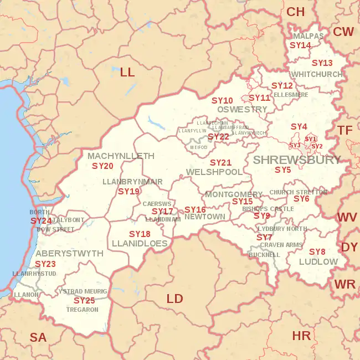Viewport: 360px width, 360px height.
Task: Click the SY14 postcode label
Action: pyautogui.click(x=301, y=45)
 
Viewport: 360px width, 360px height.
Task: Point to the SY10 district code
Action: pyautogui.click(x=222, y=100)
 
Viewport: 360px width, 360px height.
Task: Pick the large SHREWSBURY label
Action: pyautogui.click(x=297, y=160)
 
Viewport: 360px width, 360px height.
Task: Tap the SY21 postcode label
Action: pyautogui.click(x=220, y=162)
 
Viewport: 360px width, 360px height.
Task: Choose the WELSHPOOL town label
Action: pyautogui.click(x=214, y=172)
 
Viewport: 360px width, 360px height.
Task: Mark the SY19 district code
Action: pyautogui.click(x=128, y=191)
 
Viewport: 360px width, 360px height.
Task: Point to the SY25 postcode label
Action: pyautogui.click(x=84, y=300)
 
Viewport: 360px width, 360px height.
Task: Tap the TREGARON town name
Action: pyautogui.click(x=81, y=310)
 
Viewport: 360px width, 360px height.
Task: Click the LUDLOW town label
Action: pyautogui.click(x=318, y=261)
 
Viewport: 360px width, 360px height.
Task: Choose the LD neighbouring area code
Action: pyautogui.click(x=174, y=299)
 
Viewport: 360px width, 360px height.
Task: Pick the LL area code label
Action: pyautogui.click(x=127, y=71)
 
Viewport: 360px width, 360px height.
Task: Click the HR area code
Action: pyautogui.click(x=301, y=335)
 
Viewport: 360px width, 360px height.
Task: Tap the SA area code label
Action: pyautogui.click(x=38, y=337)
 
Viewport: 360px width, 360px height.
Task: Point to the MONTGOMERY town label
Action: pyautogui.click(x=234, y=194)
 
